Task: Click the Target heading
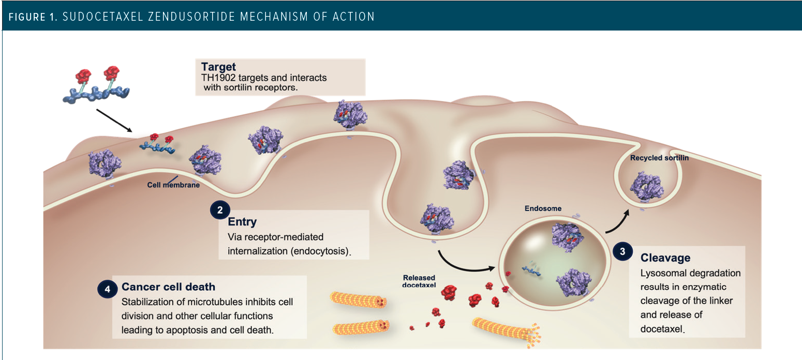point(219,67)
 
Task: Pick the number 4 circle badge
point(107,289)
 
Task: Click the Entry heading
point(242,222)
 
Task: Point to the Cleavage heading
point(665,258)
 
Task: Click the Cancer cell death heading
point(168,287)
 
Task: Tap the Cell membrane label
point(173,184)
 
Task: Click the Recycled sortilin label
point(659,158)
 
